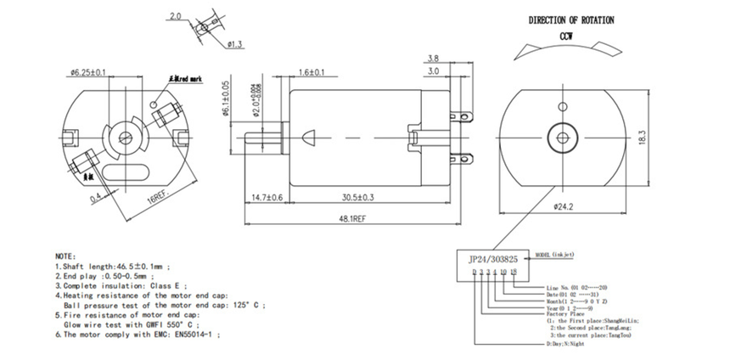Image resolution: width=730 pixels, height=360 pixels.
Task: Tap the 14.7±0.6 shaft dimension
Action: click(x=267, y=197)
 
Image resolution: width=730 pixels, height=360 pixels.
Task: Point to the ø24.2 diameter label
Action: click(x=564, y=206)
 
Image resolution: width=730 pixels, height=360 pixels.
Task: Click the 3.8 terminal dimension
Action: click(x=433, y=58)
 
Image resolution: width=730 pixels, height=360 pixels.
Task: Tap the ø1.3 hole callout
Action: click(x=236, y=42)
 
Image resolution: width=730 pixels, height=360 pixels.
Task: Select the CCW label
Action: click(x=567, y=37)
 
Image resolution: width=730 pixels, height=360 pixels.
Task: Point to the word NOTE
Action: click(x=65, y=256)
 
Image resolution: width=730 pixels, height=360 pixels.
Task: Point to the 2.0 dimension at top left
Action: click(x=176, y=16)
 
